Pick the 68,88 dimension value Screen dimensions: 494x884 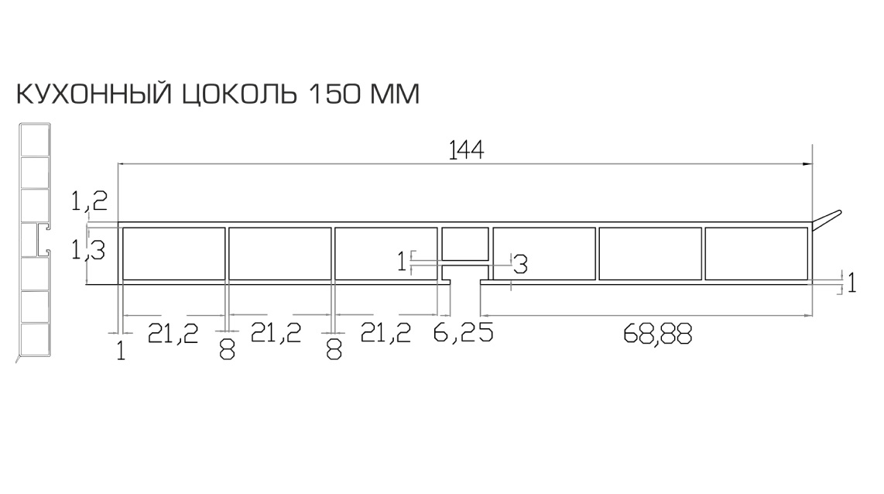tap(656, 334)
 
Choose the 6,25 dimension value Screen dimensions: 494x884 tap(463, 334)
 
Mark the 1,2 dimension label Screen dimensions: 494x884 tap(88, 202)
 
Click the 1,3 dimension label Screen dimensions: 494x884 tap(88, 250)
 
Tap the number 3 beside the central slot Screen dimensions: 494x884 tap(520, 265)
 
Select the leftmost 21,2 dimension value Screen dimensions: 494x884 tap(173, 334)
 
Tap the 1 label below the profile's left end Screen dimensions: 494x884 tap(121, 351)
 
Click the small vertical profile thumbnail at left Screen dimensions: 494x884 tap(34, 240)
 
